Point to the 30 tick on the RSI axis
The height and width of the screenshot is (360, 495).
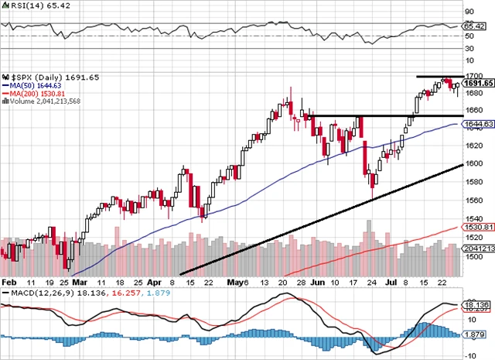click(469, 48)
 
